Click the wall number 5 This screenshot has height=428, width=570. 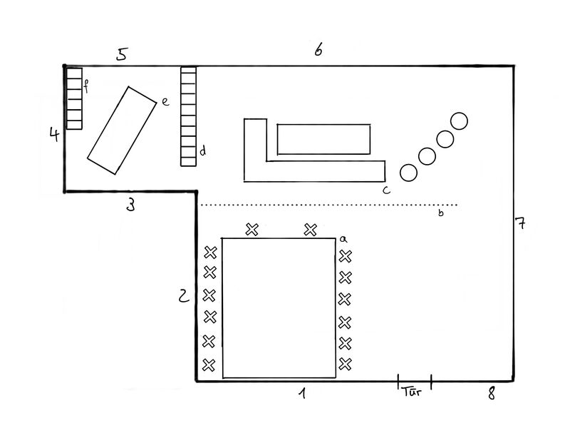[x=122, y=54]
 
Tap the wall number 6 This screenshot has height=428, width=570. [x=318, y=50]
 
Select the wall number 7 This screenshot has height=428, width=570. [x=521, y=224]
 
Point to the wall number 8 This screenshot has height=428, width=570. [x=490, y=393]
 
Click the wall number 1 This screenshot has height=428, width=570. [x=302, y=393]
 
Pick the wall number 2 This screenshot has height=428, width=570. [x=184, y=295]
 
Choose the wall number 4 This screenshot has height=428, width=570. [x=53, y=133]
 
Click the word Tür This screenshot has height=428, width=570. [x=411, y=392]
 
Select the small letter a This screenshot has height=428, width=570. [x=343, y=239]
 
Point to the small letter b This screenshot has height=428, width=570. [x=440, y=213]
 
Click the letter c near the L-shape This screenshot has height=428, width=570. [x=385, y=190]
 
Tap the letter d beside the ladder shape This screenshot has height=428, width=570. [x=202, y=151]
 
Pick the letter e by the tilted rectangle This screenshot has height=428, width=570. [x=164, y=102]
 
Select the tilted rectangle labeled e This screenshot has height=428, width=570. [x=122, y=130]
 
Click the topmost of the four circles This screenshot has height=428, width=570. [x=460, y=121]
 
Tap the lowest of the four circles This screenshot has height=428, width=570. [x=408, y=173]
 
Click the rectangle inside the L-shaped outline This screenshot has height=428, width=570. [x=324, y=138]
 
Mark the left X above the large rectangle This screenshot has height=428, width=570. [x=252, y=229]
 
